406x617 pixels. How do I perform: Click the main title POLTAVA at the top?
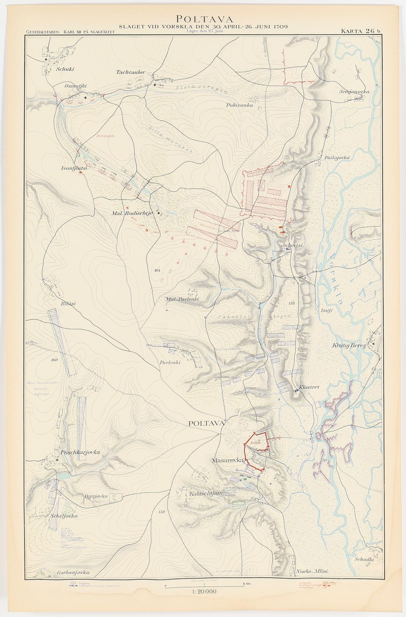coord(203,19)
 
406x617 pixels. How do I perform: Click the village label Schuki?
coord(65,69)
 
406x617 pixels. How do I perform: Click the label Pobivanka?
coord(239,105)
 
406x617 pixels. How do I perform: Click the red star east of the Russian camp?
coord(289,186)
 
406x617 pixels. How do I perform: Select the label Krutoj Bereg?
coord(349,346)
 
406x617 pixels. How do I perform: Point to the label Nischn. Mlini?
coord(312,571)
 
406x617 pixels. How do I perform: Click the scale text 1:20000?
coord(204,592)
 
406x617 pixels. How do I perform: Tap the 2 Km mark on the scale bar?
coord(244,584)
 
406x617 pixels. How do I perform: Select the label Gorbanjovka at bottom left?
coord(73,573)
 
